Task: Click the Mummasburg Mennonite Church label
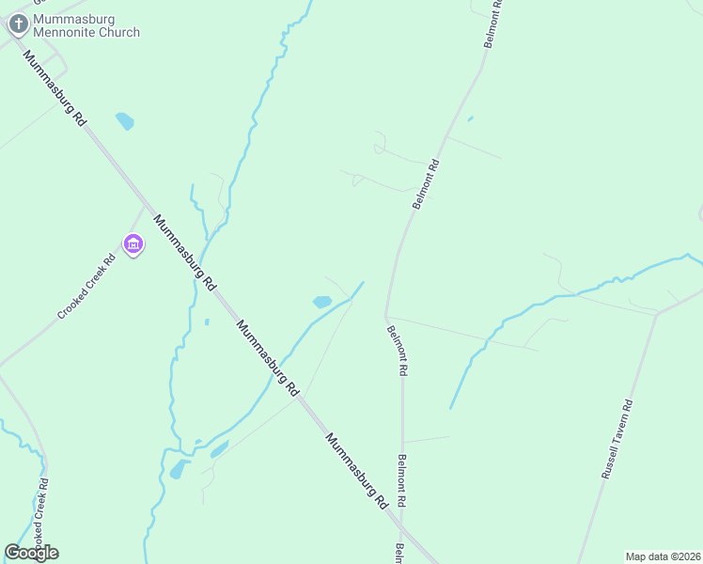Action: [86, 25]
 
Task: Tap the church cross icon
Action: [17, 24]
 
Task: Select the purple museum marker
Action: [133, 244]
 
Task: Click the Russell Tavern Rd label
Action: [617, 440]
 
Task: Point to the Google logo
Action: [31, 552]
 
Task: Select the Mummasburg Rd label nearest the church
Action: [55, 90]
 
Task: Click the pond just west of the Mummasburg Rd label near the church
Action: [124, 121]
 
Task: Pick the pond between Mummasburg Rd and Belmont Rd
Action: [322, 302]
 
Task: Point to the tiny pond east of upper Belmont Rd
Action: [470, 118]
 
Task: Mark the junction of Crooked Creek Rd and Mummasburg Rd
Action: [146, 207]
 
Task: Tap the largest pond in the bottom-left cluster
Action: [178, 469]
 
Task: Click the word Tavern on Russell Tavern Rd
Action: [618, 437]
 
